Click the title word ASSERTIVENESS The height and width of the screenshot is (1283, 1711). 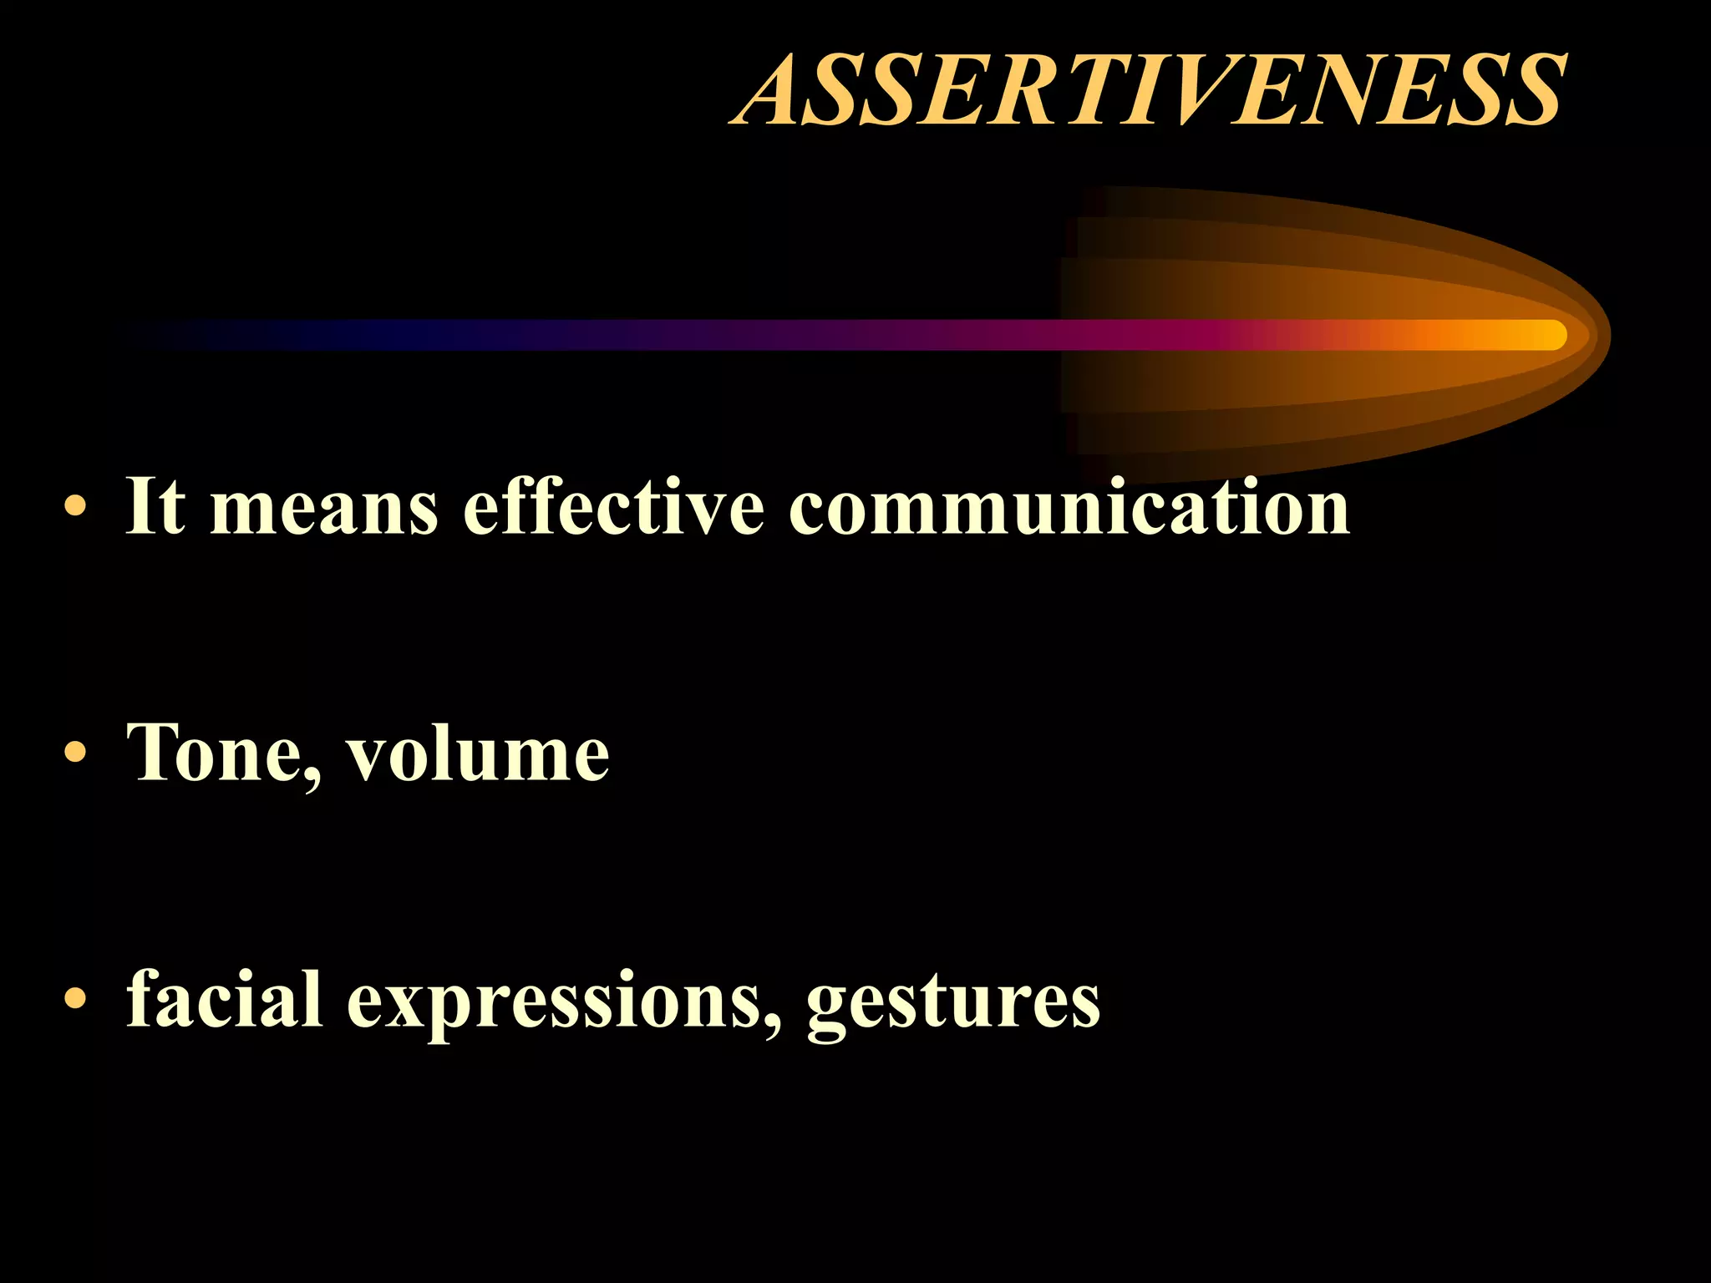point(1148,89)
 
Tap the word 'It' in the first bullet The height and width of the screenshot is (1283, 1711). point(155,505)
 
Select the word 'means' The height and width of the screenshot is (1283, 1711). point(324,508)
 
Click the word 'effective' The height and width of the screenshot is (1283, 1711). point(613,505)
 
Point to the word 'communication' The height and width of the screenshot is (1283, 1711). point(1069,505)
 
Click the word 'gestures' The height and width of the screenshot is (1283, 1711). point(953,1002)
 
